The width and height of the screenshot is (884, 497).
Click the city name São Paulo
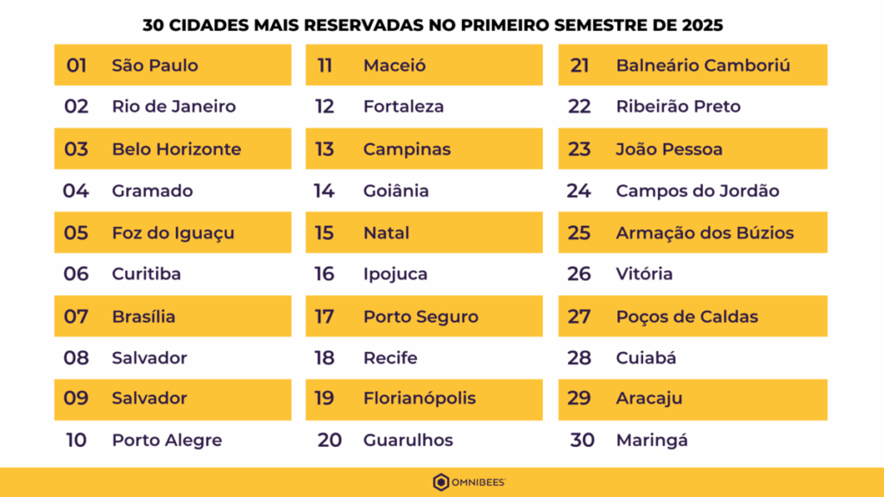pyautogui.click(x=155, y=66)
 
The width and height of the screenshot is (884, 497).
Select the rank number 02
pyautogui.click(x=76, y=107)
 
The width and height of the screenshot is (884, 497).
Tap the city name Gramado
pyautogui.click(x=152, y=191)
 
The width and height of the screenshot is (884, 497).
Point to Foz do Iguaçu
pyautogui.click(x=173, y=233)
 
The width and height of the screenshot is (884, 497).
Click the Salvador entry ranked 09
pyautogui.click(x=149, y=398)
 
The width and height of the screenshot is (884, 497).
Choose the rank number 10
pyautogui.click(x=76, y=440)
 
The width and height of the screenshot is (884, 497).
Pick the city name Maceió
pyautogui.click(x=395, y=66)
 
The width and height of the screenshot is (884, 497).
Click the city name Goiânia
pyautogui.click(x=395, y=191)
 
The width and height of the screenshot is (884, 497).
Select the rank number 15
pyautogui.click(x=324, y=233)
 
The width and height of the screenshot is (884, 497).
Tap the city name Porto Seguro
pyautogui.click(x=420, y=317)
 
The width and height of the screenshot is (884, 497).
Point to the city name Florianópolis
pyautogui.click(x=419, y=399)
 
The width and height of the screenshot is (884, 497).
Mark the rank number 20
pyautogui.click(x=329, y=440)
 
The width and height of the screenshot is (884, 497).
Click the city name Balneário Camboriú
pyautogui.click(x=703, y=66)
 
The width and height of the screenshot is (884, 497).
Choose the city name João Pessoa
pyautogui.click(x=669, y=149)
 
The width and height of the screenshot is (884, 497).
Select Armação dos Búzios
pyautogui.click(x=704, y=233)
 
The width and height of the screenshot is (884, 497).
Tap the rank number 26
pyautogui.click(x=578, y=274)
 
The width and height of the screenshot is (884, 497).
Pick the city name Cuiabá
pyautogui.click(x=646, y=358)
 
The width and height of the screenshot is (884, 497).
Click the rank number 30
pyautogui.click(x=582, y=440)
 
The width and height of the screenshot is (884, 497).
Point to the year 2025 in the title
pyautogui.click(x=702, y=25)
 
